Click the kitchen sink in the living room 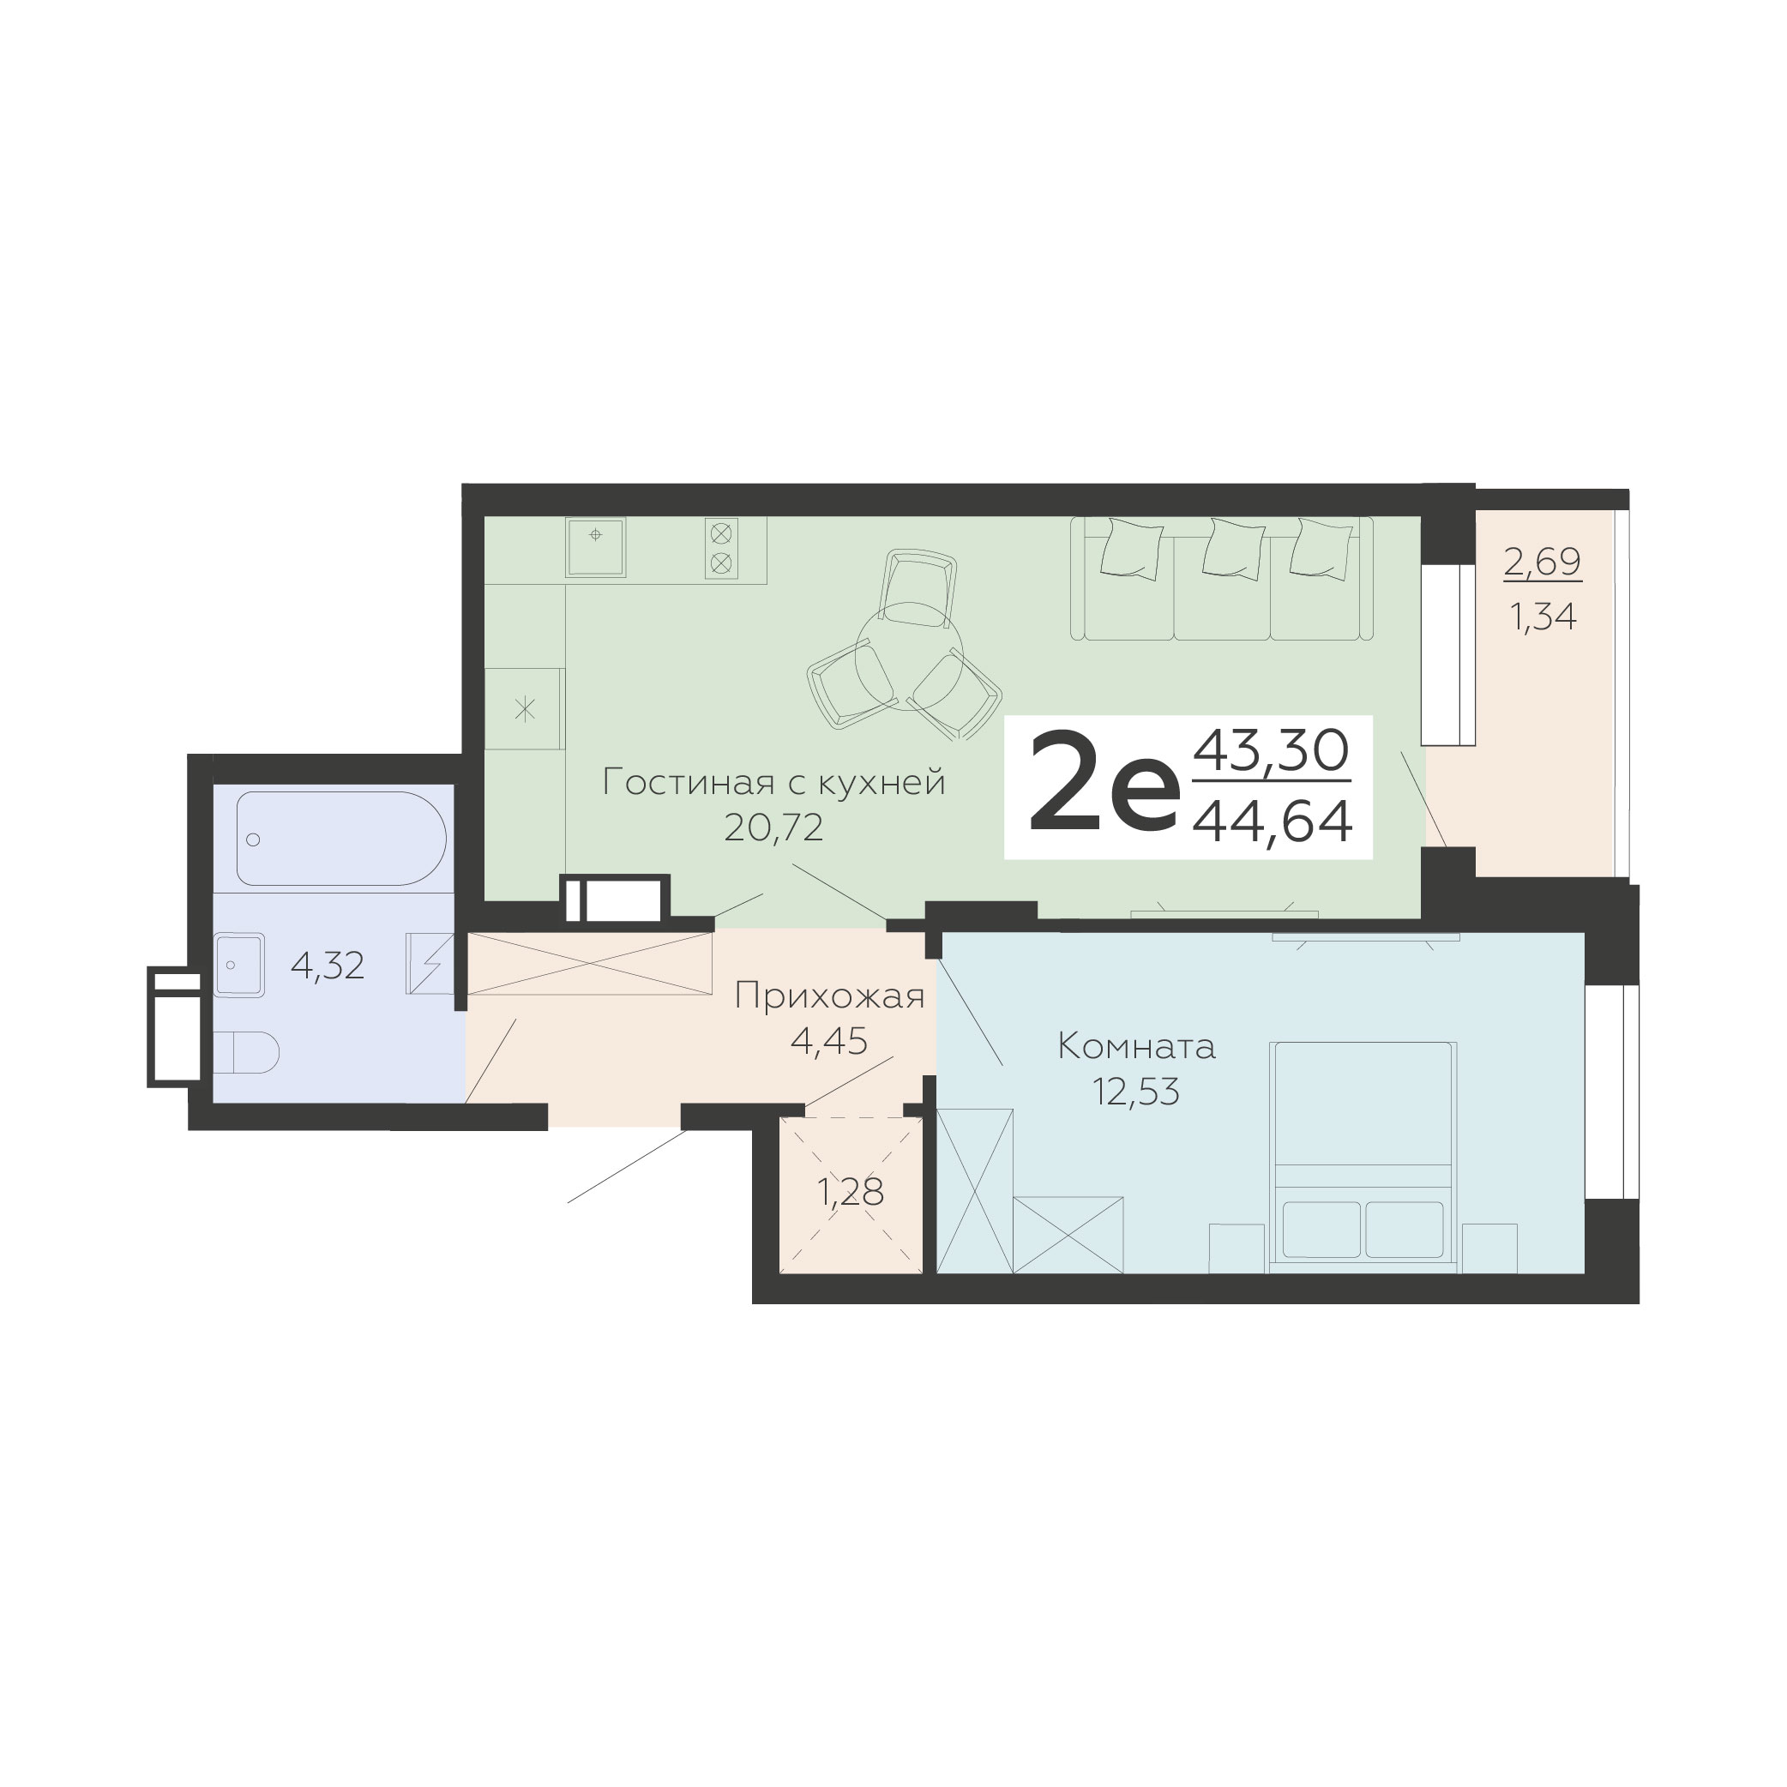tap(596, 546)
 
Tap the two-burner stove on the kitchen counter tap(721, 548)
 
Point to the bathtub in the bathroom tap(341, 838)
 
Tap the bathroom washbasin tap(239, 965)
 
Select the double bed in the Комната tap(1363, 1156)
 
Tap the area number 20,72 tap(773, 827)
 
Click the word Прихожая tap(830, 997)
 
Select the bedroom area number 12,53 tap(1136, 1092)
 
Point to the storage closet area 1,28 tap(851, 1191)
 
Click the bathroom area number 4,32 tap(328, 966)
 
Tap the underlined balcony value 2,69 tap(1543, 562)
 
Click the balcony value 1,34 tap(1543, 616)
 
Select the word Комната tap(1136, 1047)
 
